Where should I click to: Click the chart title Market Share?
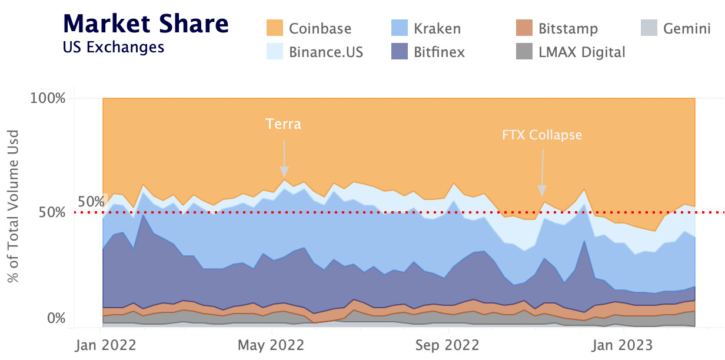click(145, 24)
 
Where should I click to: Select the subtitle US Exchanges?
click(113, 47)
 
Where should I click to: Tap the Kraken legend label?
click(437, 28)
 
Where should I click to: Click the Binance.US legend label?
click(326, 52)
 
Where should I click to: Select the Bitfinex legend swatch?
click(400, 52)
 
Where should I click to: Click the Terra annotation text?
click(283, 124)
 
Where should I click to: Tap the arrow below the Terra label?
click(284, 158)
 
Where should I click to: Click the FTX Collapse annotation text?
click(542, 135)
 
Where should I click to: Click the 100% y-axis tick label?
click(48, 98)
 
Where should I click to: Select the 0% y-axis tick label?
click(56, 318)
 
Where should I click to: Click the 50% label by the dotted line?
click(91, 202)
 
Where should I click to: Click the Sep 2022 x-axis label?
click(449, 345)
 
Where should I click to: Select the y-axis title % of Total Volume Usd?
click(14, 206)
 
